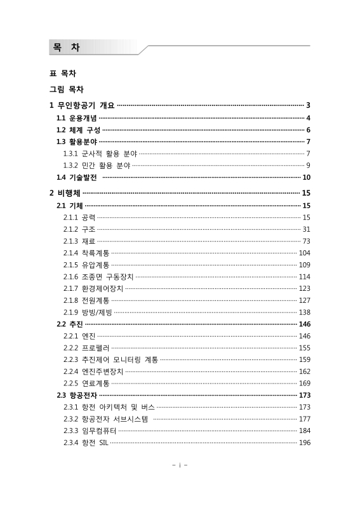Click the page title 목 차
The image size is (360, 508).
tap(66, 47)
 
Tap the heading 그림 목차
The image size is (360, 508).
tap(67, 90)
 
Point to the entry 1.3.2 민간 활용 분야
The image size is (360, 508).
tap(97, 165)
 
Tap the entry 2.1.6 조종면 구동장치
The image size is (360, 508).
tap(98, 276)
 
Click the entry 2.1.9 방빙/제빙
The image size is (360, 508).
tap(88, 312)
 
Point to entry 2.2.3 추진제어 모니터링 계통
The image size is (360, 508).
tap(110, 359)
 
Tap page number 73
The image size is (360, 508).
tap(306, 241)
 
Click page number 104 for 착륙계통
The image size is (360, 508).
tap(304, 253)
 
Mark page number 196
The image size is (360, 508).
tap(304, 443)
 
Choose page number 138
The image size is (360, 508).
tap(304, 312)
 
